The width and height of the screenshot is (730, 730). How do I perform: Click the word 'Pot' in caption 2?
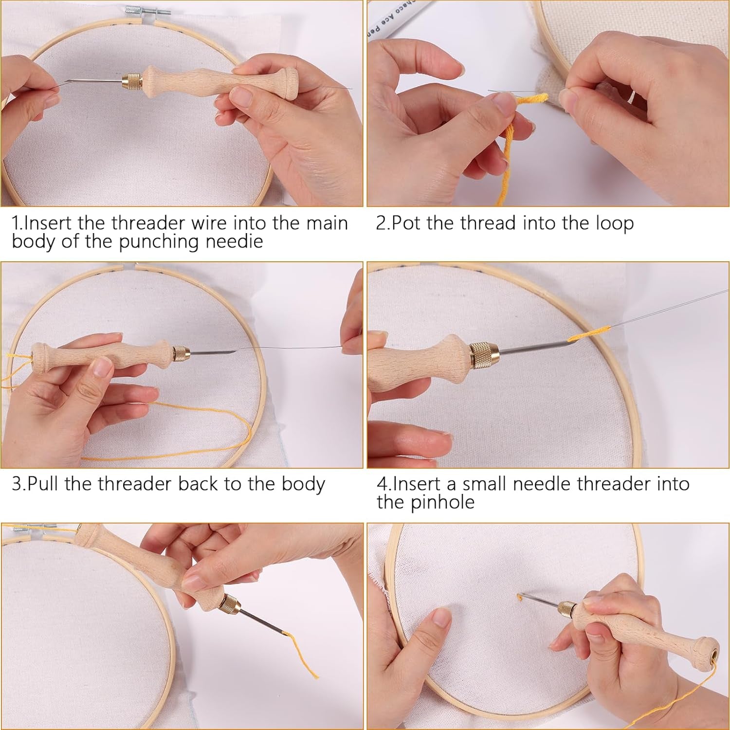[x=407, y=223]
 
